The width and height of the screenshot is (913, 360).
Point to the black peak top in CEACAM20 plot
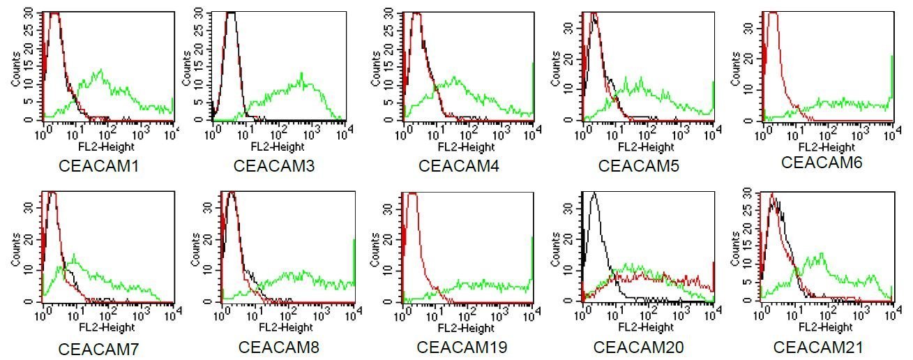(x=593, y=193)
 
